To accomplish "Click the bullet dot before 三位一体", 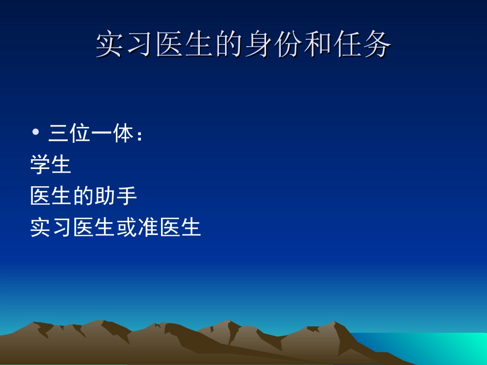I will click(35, 133).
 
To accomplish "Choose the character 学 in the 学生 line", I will click(40, 165).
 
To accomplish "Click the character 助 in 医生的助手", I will click(105, 196).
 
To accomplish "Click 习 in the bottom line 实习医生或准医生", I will click(62, 227).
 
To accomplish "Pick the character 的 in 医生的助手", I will click(84, 196).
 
